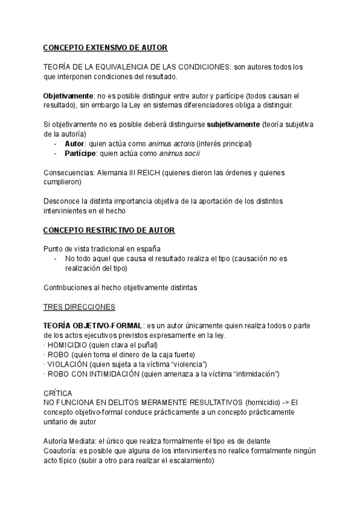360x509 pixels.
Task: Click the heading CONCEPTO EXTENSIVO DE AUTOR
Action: pos(105,47)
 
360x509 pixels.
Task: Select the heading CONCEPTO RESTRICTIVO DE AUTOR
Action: pos(109,230)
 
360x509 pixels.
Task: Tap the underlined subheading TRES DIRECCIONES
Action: pos(79,307)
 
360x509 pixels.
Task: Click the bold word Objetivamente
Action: pos(68,95)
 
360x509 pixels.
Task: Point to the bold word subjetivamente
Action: pos(233,124)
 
